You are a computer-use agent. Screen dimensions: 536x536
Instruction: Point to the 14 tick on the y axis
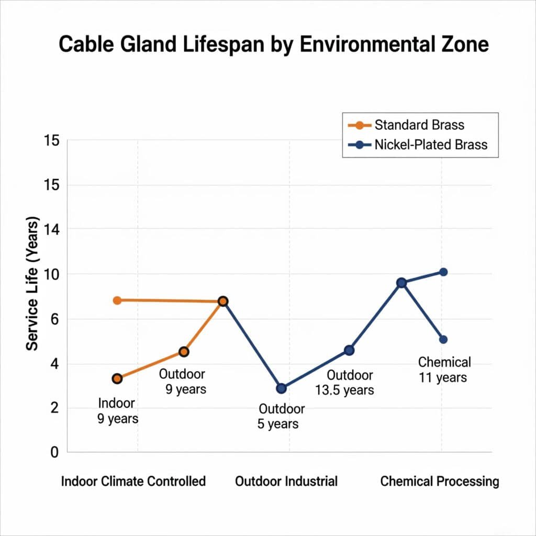52,229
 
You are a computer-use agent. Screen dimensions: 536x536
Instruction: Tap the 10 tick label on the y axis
52,274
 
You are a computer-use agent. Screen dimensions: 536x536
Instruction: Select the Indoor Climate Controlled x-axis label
133,481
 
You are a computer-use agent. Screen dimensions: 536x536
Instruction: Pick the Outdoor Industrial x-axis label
286,481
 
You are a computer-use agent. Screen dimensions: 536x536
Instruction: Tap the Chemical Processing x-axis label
440,481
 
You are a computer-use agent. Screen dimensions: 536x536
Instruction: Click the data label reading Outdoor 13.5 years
344,383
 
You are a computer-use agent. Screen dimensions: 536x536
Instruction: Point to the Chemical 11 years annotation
444,370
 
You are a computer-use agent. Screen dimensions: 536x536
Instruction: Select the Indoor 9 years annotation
117,411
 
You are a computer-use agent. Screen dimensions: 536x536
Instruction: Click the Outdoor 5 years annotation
281,417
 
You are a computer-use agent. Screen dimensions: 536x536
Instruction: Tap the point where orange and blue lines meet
223,301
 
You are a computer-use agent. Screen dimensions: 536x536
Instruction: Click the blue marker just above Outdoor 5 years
281,388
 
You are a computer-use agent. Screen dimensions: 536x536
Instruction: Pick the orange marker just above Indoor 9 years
117,378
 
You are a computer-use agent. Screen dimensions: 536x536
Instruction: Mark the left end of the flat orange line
117,300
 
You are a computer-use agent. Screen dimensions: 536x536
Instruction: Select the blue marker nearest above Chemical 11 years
443,339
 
